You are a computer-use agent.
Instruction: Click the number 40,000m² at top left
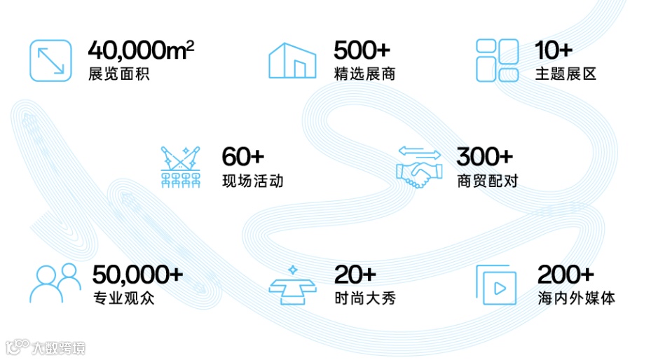pyautogui.click(x=141, y=51)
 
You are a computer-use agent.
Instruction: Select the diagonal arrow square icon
pyautogui.click(x=51, y=60)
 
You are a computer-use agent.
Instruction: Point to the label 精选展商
pyautogui.click(x=364, y=74)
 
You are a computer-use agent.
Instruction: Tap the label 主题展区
pyautogui.click(x=566, y=74)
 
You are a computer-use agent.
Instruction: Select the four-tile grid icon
pyautogui.click(x=497, y=60)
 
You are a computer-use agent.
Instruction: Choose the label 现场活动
pyautogui.click(x=252, y=181)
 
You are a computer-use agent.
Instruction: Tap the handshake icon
pyautogui.click(x=418, y=168)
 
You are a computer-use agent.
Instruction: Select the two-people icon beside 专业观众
pyautogui.click(x=55, y=283)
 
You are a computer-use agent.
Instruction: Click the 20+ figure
pyautogui.click(x=355, y=275)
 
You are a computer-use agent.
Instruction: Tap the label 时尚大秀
pyautogui.click(x=364, y=298)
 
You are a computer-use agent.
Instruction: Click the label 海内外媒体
pyautogui.click(x=575, y=298)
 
